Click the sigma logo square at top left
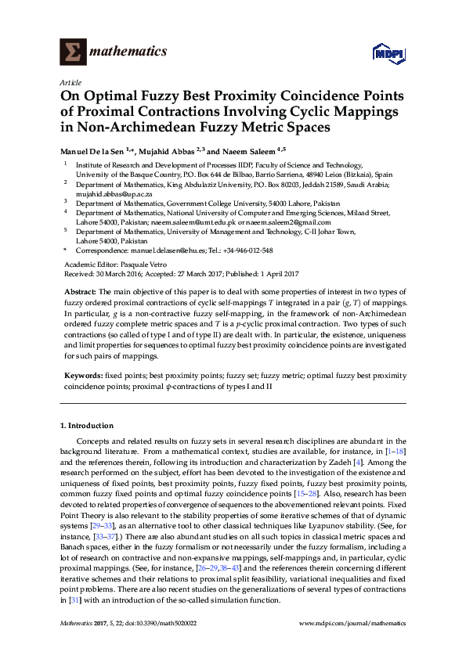point(72,53)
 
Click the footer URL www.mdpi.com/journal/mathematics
point(353,624)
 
